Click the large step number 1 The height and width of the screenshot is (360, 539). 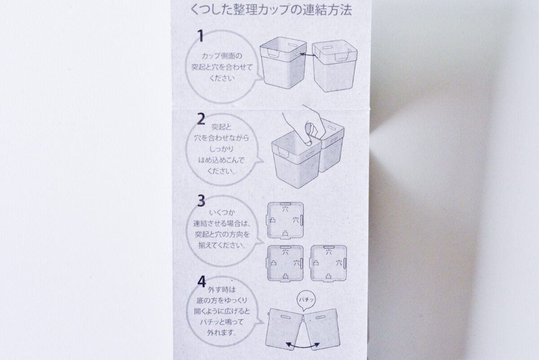tap(201, 36)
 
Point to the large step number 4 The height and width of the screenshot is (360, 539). tap(202, 282)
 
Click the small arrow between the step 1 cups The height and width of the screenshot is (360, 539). tap(306, 55)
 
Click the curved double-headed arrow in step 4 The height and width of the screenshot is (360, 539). tap(304, 344)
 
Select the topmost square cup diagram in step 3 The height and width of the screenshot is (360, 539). tap(285, 221)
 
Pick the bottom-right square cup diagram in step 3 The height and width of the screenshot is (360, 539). tap(329, 263)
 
